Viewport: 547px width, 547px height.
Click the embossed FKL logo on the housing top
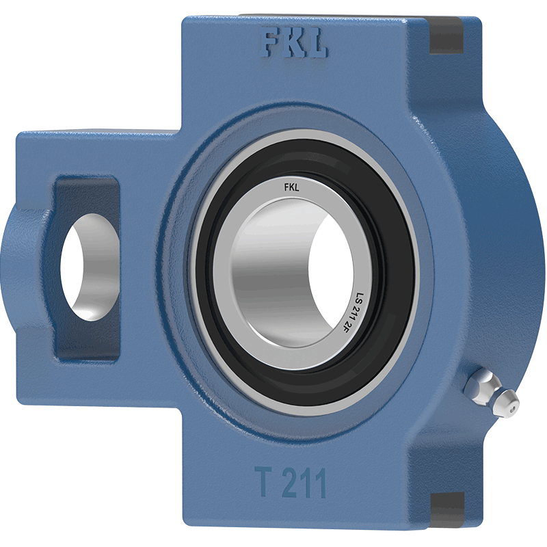[294, 44]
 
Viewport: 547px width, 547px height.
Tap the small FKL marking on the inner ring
[292, 188]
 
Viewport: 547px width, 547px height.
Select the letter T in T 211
[263, 482]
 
